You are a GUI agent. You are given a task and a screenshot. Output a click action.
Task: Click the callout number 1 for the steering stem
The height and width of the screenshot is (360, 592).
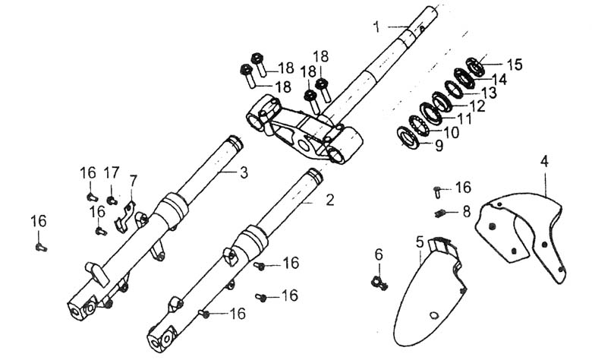[x=376, y=27]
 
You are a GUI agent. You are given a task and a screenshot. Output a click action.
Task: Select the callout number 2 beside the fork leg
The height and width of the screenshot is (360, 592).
[x=330, y=200]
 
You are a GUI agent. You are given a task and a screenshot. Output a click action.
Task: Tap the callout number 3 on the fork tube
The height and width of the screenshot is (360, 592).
[x=244, y=172]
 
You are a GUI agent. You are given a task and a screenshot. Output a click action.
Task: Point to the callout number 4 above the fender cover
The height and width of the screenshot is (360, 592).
[x=544, y=161]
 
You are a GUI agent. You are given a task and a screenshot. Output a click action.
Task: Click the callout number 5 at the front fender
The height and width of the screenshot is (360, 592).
[x=420, y=242]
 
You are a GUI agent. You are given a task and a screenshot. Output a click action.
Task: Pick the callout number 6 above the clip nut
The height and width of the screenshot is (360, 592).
[x=379, y=255]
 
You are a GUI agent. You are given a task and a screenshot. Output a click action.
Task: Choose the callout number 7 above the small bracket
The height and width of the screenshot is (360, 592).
[x=133, y=182]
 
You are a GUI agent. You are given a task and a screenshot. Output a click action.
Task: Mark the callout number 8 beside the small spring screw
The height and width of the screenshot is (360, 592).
[x=467, y=212]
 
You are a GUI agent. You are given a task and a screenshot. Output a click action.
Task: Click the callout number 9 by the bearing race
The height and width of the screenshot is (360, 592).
[x=439, y=146]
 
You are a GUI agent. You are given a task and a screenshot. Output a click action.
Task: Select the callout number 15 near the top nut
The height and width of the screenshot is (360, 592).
[x=514, y=65]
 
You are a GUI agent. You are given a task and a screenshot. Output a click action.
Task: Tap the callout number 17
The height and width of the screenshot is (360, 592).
[x=112, y=172]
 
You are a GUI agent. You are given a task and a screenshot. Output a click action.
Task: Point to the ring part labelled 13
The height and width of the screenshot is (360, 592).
[x=453, y=90]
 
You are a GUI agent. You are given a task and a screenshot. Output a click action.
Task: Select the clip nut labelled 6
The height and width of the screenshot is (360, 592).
[x=379, y=283]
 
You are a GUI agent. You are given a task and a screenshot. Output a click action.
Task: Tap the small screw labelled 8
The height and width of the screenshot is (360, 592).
[x=439, y=213]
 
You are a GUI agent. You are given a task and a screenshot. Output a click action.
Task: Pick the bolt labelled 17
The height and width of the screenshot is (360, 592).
[x=112, y=201]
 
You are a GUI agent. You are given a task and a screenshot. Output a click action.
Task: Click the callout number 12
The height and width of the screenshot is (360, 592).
[x=477, y=106]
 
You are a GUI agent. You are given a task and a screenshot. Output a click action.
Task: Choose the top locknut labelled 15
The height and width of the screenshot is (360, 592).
[x=475, y=67]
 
